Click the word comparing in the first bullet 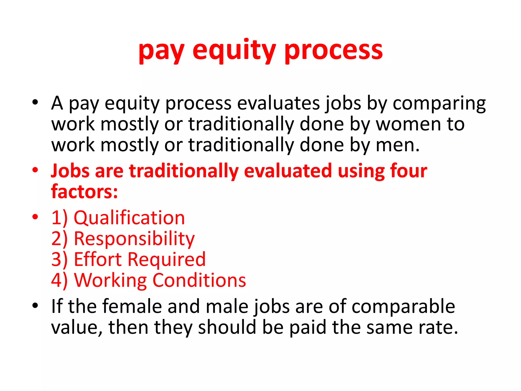(439, 103)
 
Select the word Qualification (129, 218)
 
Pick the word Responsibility (134, 239)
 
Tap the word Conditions (199, 280)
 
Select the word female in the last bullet (132, 306)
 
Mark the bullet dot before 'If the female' (35, 305)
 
